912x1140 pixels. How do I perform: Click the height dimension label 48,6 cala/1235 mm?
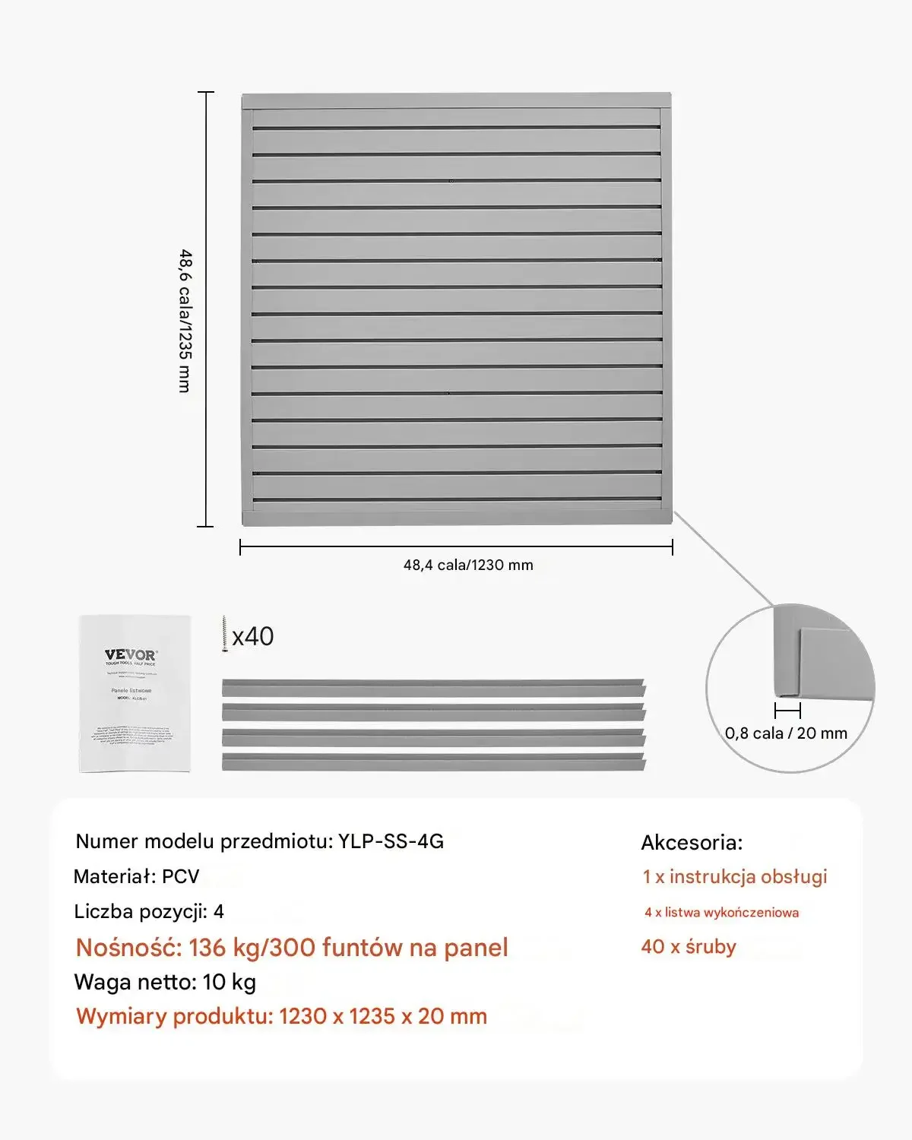(x=185, y=321)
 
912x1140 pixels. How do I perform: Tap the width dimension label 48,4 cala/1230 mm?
(x=468, y=565)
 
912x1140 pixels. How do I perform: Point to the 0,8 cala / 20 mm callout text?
(x=786, y=733)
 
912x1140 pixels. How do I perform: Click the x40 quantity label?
(x=253, y=636)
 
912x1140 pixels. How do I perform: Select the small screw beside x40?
(x=225, y=635)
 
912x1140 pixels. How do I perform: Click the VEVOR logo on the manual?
(x=131, y=654)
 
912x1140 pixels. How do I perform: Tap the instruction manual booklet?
(x=134, y=693)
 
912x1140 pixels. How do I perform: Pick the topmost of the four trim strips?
(x=433, y=688)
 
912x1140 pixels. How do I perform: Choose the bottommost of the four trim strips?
(x=433, y=762)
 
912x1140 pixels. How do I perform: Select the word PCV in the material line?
(x=181, y=876)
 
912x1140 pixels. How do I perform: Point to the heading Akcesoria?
(x=692, y=842)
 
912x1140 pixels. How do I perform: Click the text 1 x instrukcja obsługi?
(x=734, y=876)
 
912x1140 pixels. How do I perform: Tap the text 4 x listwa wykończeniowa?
(x=721, y=912)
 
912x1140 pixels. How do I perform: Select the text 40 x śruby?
(x=689, y=946)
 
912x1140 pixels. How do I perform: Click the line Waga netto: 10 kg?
(x=165, y=982)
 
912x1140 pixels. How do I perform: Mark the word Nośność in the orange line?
(x=128, y=948)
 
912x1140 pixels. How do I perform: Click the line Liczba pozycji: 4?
(x=149, y=911)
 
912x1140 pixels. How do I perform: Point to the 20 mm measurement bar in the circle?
(x=787, y=711)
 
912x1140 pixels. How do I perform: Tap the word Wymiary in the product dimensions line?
(x=121, y=1016)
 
